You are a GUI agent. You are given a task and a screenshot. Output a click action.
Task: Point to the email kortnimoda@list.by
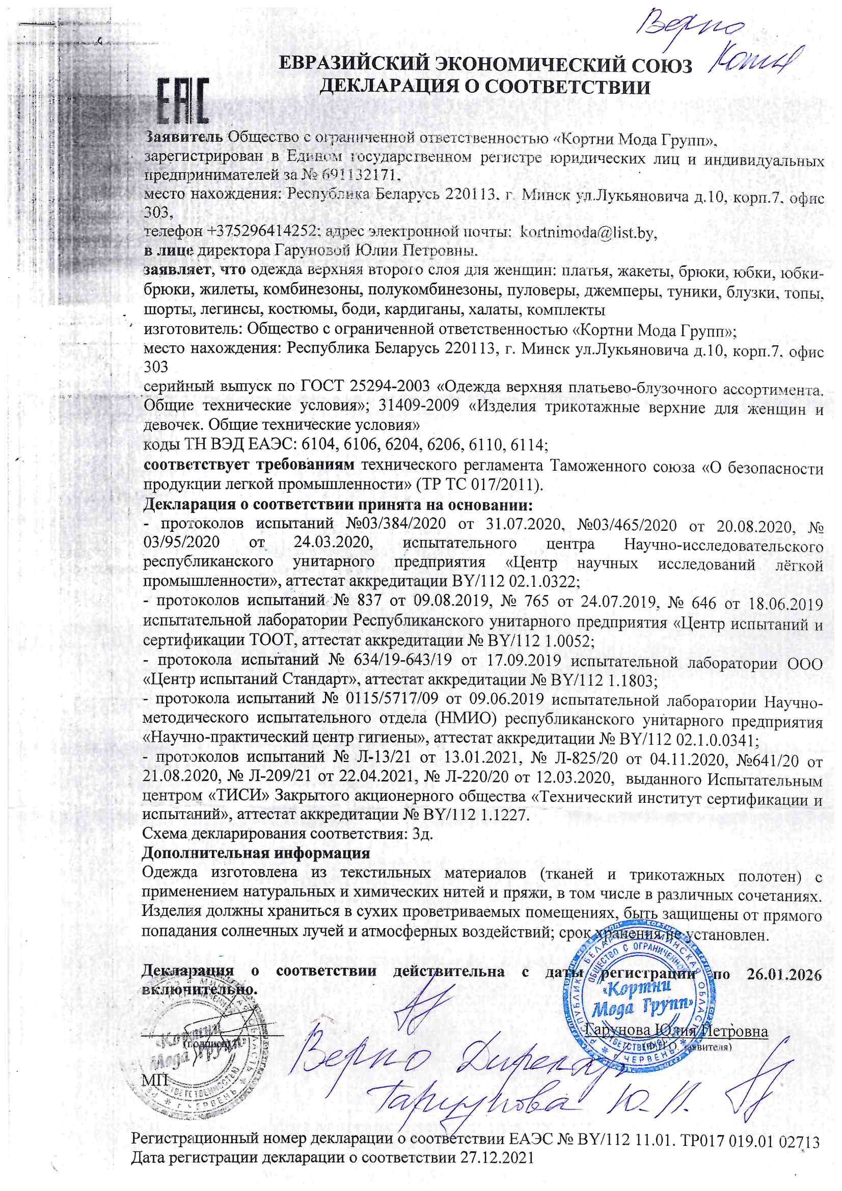point(588,232)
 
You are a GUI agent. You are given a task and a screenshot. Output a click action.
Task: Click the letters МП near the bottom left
point(155,1080)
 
